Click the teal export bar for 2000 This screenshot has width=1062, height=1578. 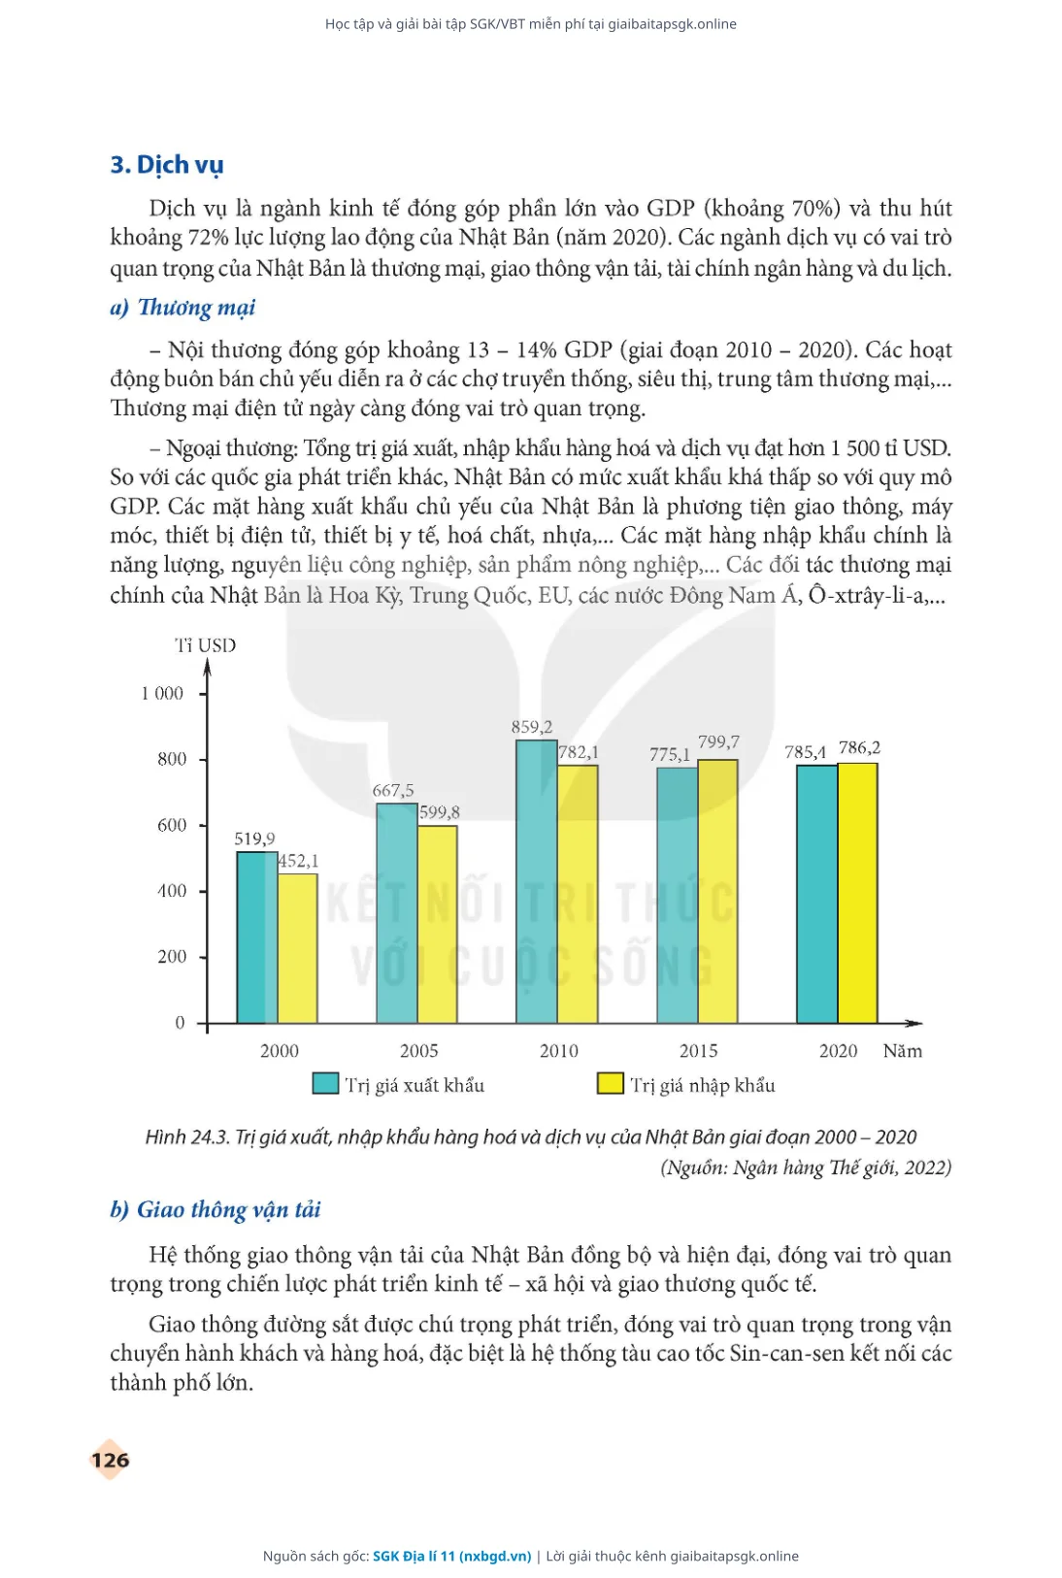[x=257, y=937]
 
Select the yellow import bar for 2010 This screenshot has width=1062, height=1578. [x=578, y=894]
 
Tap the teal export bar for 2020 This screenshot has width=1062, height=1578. [x=817, y=894]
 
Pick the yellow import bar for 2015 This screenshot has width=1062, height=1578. [x=718, y=891]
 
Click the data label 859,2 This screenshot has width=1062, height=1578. [x=532, y=726]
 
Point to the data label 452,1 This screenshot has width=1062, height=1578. [x=298, y=860]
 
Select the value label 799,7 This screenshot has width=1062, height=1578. [x=718, y=741]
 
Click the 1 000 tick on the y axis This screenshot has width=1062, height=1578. [x=162, y=693]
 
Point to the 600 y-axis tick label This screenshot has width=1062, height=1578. [x=172, y=825]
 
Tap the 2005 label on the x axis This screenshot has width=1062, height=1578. [x=419, y=1050]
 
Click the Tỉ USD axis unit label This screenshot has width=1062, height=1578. [x=205, y=645]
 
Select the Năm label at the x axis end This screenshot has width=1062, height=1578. [x=903, y=1050]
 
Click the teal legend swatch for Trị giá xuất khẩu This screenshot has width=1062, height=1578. [x=325, y=1083]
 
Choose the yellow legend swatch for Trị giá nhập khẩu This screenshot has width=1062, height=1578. [x=611, y=1083]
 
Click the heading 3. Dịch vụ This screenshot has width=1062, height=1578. [x=167, y=164]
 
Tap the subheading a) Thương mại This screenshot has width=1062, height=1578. [x=183, y=307]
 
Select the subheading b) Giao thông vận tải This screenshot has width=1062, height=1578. [x=215, y=1209]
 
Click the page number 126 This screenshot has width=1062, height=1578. [x=111, y=1460]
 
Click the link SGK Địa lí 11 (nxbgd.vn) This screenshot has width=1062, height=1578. [x=451, y=1556]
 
